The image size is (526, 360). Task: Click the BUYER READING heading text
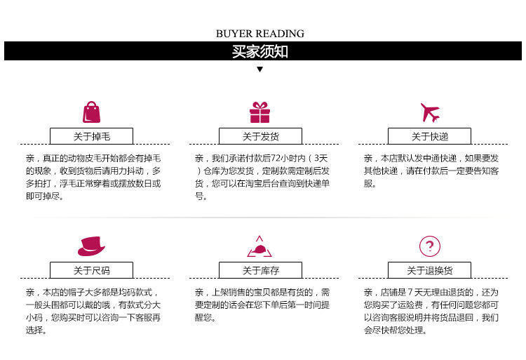pyautogui.click(x=260, y=34)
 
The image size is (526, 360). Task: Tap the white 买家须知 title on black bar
pyautogui.click(x=260, y=52)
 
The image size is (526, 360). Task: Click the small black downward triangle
pyautogui.click(x=260, y=69)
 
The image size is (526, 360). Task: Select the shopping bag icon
pyautogui.click(x=91, y=112)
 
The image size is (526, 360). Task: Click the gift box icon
pyautogui.click(x=259, y=112)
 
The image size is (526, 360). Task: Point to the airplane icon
pyautogui.click(x=429, y=112)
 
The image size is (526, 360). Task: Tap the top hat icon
pyautogui.click(x=91, y=246)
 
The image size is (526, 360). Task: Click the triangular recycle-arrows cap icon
pyautogui.click(x=259, y=247)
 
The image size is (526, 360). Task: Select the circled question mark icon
pyautogui.click(x=429, y=246)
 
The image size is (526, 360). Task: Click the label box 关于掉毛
pyautogui.click(x=91, y=136)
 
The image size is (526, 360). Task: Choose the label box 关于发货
pyautogui.click(x=260, y=136)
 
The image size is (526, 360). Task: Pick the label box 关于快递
pyautogui.click(x=429, y=136)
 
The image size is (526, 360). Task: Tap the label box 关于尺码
pyautogui.click(x=91, y=270)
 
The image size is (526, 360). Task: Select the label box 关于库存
pyautogui.click(x=260, y=270)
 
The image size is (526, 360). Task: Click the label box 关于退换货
pyautogui.click(x=429, y=270)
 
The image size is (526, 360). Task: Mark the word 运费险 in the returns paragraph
pyautogui.click(x=410, y=305)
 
